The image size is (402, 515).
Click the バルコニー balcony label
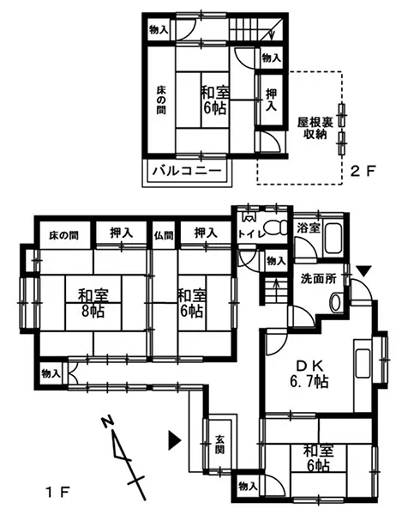click(x=187, y=171)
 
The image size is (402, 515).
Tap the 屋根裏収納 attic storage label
click(x=315, y=129)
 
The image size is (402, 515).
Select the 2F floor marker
click(x=363, y=171)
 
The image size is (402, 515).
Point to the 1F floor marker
click(x=58, y=493)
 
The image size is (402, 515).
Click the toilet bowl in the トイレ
click(x=276, y=227)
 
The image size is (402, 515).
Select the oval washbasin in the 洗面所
click(x=336, y=301)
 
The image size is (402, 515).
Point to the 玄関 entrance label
click(x=219, y=444)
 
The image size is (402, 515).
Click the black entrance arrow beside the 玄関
click(x=175, y=439)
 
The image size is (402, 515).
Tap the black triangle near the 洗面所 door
click(x=363, y=271)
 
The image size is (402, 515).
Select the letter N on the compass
click(x=107, y=422)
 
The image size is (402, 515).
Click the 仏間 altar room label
click(x=164, y=235)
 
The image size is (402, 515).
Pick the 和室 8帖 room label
click(x=93, y=303)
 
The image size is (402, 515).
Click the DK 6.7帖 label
click(x=309, y=373)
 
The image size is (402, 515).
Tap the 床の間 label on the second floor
click(x=160, y=100)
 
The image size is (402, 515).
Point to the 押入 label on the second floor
click(x=272, y=100)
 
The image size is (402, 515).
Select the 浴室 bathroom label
click(x=309, y=227)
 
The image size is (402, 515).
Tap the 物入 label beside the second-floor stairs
click(x=272, y=58)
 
